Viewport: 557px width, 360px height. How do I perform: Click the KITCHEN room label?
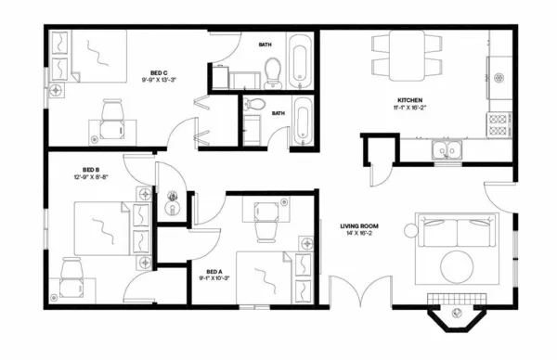(410, 99)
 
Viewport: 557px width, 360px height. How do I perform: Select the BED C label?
(159, 73)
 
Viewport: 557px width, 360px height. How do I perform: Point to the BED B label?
(90, 170)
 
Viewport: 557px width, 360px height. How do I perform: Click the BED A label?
(214, 272)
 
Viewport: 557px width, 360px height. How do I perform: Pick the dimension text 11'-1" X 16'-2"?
(410, 109)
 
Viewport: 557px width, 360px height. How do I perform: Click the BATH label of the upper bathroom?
(266, 44)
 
